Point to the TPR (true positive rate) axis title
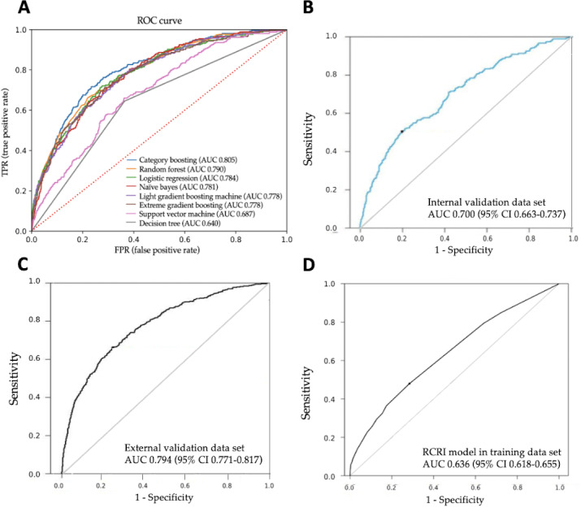click(8, 130)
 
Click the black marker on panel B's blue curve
click(401, 132)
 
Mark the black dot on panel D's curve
click(410, 383)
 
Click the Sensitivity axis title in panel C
click(15, 378)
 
